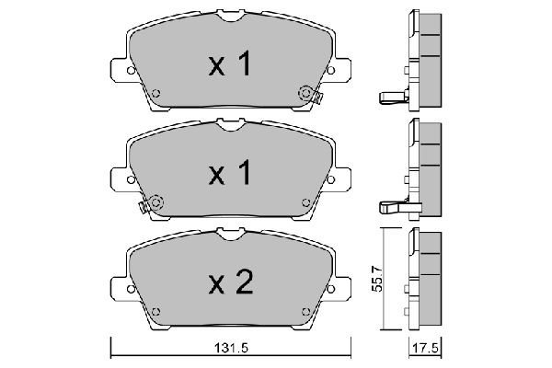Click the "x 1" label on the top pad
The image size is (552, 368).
pyautogui.click(x=230, y=64)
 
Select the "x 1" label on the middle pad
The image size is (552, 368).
pyautogui.click(x=230, y=173)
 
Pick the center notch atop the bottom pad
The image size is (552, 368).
pyautogui.click(x=230, y=237)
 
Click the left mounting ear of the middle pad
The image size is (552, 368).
pyautogui.click(x=118, y=178)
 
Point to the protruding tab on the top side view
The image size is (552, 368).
pyautogui.click(x=391, y=98)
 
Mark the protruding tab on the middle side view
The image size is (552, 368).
pyautogui.click(x=390, y=208)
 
